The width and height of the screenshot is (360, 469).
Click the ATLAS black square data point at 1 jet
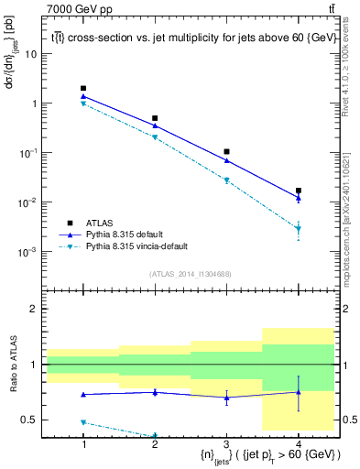[83, 89]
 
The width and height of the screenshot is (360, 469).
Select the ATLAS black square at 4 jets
[299, 191]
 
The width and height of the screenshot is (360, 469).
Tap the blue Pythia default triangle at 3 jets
[226, 160]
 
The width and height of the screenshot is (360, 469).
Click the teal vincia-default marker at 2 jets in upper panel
[155, 137]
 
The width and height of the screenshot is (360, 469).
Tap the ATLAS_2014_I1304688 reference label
[191, 274]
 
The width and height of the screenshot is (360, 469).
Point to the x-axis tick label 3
[226, 444]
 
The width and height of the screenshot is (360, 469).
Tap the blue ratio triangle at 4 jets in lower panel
[299, 392]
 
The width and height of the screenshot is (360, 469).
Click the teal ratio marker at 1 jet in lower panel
[83, 422]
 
